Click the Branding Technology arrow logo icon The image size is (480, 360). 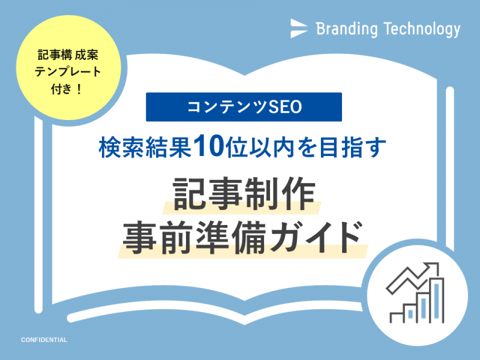pyautogui.click(x=298, y=28)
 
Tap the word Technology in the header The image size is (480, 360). pyautogui.click(x=422, y=29)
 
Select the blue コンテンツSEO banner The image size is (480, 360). pyautogui.click(x=244, y=107)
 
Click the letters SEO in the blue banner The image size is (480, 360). pyautogui.click(x=285, y=107)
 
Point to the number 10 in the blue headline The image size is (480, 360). pyautogui.click(x=209, y=146)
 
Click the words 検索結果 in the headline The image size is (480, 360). pyautogui.click(x=145, y=148)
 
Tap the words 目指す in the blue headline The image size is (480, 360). pyautogui.click(x=352, y=148)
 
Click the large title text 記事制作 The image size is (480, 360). pyautogui.click(x=244, y=193)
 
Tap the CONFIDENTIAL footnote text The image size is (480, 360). pyautogui.click(x=44, y=340)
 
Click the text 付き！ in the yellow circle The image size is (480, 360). pyautogui.click(x=67, y=89)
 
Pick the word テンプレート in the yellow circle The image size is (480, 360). pyautogui.click(x=68, y=72)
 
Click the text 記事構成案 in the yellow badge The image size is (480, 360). pyautogui.click(x=68, y=55)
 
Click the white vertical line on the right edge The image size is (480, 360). pyautogui.click(x=449, y=168)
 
